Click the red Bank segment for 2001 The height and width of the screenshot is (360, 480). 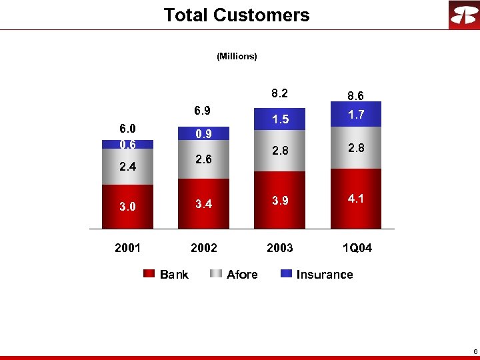(127, 207)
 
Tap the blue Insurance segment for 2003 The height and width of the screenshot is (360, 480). (279, 119)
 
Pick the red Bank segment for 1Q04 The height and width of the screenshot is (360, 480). (356, 199)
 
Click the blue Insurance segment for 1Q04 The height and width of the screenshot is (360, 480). (356, 114)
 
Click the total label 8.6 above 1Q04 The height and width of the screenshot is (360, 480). (356, 96)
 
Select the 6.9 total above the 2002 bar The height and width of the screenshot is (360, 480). (203, 110)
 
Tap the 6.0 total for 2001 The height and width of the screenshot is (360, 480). (127, 129)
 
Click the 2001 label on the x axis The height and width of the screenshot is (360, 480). (127, 248)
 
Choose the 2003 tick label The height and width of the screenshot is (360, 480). (279, 248)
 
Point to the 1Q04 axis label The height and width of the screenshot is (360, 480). (357, 248)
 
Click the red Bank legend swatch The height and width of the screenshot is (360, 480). (149, 274)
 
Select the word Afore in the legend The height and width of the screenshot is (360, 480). (242, 274)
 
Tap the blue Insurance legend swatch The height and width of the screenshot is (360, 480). (286, 274)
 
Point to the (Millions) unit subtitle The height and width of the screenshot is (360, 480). (237, 57)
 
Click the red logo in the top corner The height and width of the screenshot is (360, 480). (463, 15)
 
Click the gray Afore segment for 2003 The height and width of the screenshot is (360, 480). (279, 152)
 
